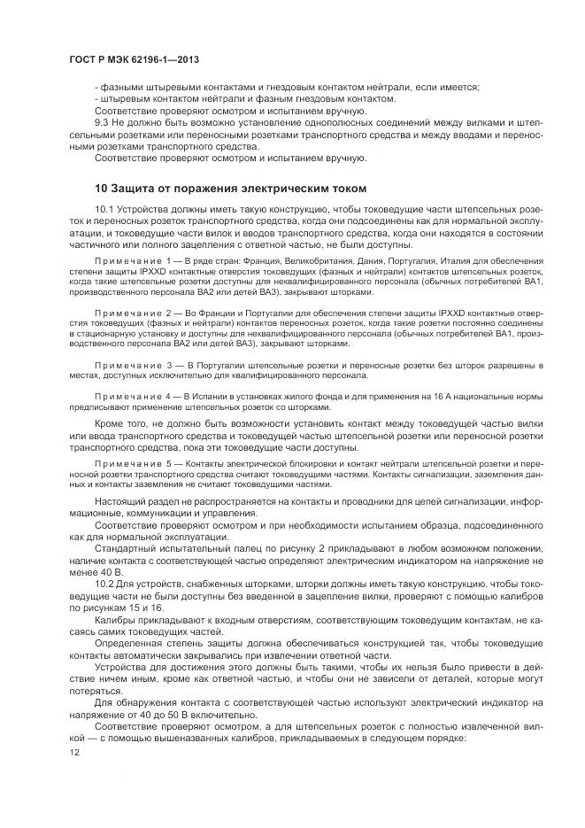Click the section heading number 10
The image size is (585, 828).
click(101, 189)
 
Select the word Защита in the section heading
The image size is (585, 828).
click(135, 189)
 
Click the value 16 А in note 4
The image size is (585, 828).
click(425, 398)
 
